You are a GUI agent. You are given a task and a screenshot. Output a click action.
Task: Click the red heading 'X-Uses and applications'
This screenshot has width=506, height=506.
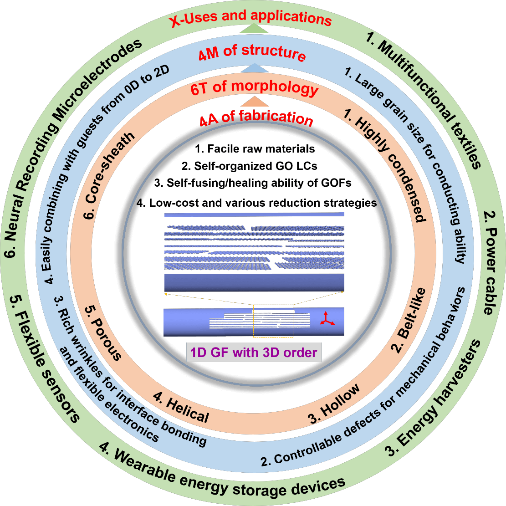click(x=251, y=19)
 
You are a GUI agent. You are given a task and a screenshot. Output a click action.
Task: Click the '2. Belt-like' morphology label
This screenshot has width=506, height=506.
click(x=410, y=319)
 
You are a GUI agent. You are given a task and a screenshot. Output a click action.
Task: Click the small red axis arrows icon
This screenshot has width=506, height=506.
click(x=326, y=318)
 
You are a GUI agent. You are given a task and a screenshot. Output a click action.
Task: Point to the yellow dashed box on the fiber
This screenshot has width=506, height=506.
click(x=273, y=321)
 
